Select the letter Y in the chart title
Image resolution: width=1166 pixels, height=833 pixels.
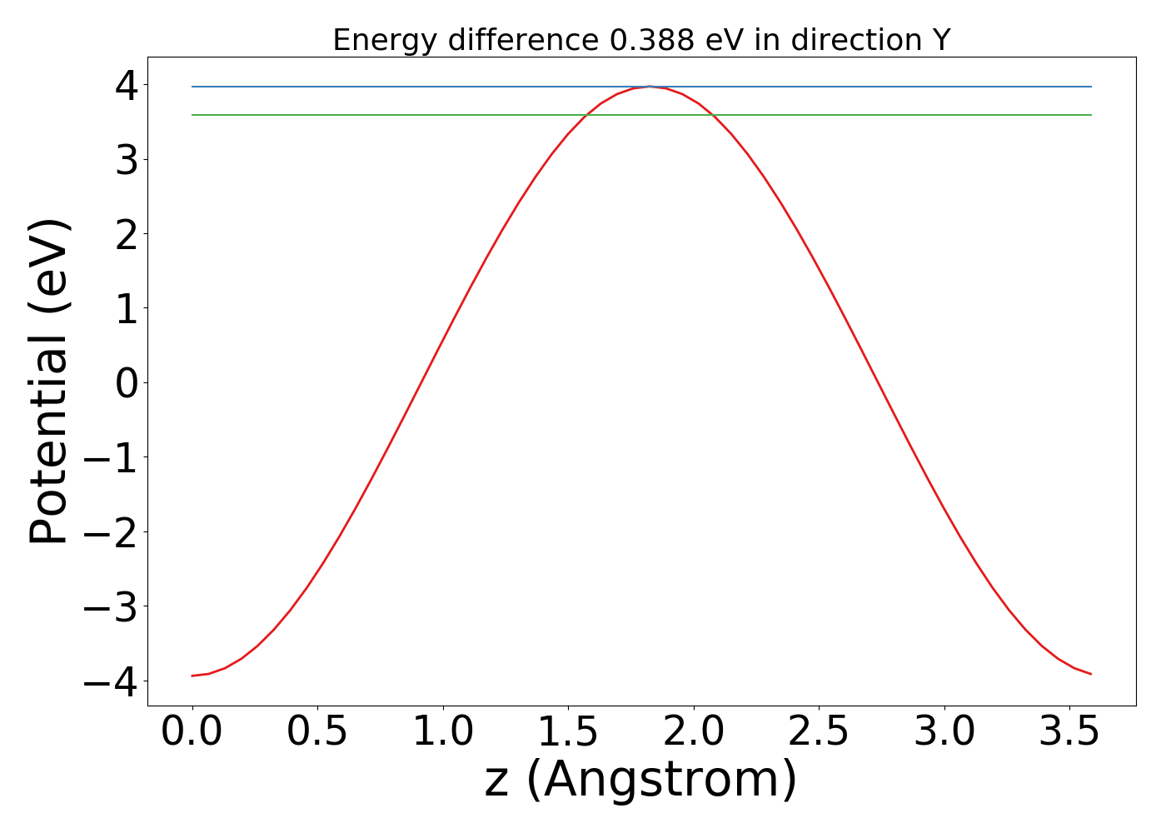(941, 40)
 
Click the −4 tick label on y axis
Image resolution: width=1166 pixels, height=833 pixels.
(117, 681)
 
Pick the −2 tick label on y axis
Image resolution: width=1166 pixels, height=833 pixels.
(117, 532)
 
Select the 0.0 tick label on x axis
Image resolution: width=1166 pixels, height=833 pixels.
(192, 732)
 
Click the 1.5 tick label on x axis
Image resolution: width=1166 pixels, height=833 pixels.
(568, 732)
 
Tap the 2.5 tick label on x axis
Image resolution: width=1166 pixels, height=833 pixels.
(819, 732)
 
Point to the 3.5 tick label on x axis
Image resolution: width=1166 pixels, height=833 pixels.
(1069, 732)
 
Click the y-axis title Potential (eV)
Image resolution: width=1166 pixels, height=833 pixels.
(50, 382)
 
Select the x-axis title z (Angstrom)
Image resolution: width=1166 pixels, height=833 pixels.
(641, 780)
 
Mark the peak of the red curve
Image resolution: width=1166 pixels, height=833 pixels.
(649, 86)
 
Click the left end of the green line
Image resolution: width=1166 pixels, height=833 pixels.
(192, 115)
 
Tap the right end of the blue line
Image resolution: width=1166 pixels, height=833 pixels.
(1091, 87)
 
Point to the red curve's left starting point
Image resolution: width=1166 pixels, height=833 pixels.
(192, 676)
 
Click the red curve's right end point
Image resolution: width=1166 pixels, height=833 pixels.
(1091, 674)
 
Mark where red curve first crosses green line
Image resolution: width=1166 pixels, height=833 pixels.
(585, 115)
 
